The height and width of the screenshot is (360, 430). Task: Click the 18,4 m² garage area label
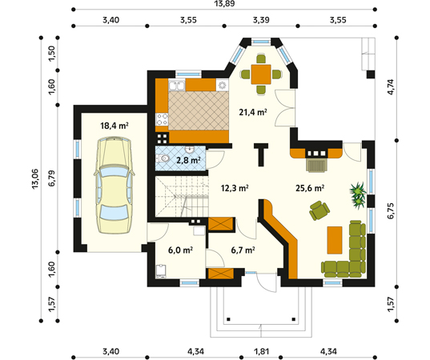[x=115, y=126]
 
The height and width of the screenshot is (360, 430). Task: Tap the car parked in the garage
[x=114, y=186]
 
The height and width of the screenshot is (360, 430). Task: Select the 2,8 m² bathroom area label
[x=188, y=160]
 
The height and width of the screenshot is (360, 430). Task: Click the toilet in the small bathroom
[x=163, y=158]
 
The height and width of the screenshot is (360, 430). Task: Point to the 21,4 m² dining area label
[x=253, y=112]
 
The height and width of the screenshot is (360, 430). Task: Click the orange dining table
[x=261, y=74]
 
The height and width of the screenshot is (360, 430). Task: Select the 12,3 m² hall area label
[x=235, y=188]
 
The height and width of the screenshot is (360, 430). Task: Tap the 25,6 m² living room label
[x=310, y=188]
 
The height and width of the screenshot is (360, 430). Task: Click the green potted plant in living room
[x=358, y=195]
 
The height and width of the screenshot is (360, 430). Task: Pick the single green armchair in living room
[x=319, y=210]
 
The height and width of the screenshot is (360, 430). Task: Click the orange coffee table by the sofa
[x=335, y=240]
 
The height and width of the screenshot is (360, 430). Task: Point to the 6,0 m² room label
[x=180, y=250]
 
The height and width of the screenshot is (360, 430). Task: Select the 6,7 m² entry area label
[x=243, y=250]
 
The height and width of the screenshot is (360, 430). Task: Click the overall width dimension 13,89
[x=224, y=3]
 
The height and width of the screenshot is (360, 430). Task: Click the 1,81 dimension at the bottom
[x=261, y=351]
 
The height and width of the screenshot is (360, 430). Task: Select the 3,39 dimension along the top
[x=261, y=20]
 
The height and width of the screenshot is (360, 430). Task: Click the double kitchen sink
[x=177, y=86]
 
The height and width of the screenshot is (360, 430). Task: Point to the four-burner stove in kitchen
[x=162, y=119]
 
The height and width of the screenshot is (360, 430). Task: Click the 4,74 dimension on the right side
[x=390, y=87]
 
